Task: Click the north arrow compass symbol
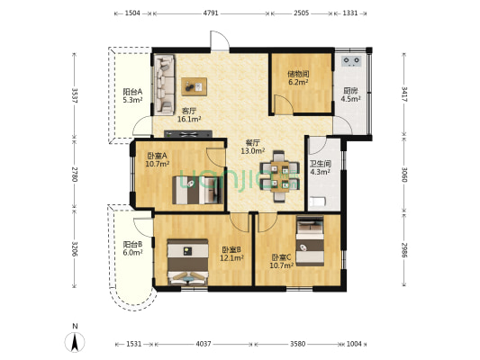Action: click(75, 342)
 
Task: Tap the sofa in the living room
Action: click(165, 85)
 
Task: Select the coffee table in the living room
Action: click(195, 86)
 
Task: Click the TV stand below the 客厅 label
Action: click(188, 134)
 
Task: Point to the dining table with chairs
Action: click(280, 176)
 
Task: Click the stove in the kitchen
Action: click(351, 61)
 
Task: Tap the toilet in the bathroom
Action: click(318, 202)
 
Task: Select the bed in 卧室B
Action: click(188, 262)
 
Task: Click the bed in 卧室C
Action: click(310, 240)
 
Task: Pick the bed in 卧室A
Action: click(198, 190)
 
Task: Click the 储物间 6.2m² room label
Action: click(298, 78)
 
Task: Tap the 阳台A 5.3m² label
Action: click(132, 95)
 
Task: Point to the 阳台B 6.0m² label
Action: click(132, 248)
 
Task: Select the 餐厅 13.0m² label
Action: click(253, 147)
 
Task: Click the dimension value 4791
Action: click(211, 13)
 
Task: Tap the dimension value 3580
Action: click(297, 344)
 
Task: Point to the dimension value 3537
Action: click(75, 95)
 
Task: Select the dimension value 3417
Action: click(404, 94)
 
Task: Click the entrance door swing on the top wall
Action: click(220, 40)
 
